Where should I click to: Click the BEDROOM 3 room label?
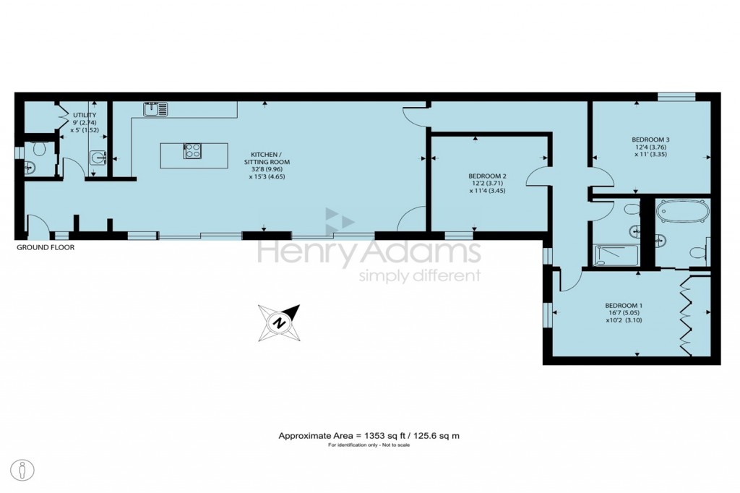click(650, 140)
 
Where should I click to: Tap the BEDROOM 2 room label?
click(488, 176)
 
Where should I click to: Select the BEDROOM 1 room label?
click(624, 305)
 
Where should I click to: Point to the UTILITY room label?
click(85, 115)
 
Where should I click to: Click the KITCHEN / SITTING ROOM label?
click(267, 158)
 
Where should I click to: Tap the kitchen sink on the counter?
click(155, 109)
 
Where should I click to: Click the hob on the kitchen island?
click(192, 151)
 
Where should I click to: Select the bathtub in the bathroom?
click(682, 210)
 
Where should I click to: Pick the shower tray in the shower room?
click(616, 255)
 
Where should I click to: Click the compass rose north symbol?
click(280, 323)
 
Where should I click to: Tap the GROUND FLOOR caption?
click(46, 247)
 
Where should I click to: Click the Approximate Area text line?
click(369, 436)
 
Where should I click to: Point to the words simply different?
click(420, 276)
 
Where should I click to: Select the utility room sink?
click(98, 158)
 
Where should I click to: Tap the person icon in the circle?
click(22, 471)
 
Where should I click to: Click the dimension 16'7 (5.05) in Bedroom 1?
click(623, 312)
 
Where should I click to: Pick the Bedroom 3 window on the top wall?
click(676, 96)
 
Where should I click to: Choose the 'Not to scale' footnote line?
click(369, 445)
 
